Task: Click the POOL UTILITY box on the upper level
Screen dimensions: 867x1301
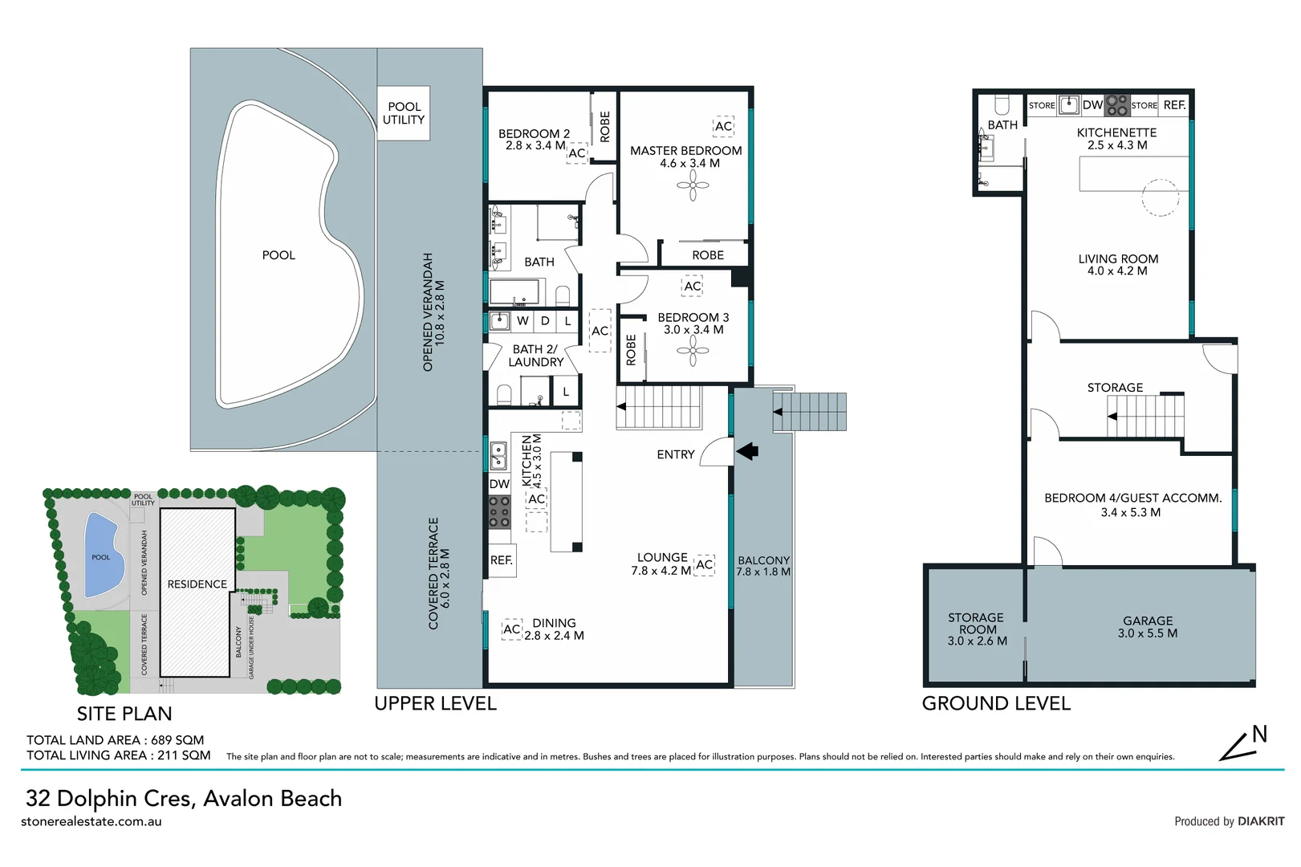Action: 404,113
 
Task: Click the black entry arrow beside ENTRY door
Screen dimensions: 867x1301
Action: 747,451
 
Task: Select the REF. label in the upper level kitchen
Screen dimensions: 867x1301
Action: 502,560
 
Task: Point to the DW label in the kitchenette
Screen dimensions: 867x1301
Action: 1092,104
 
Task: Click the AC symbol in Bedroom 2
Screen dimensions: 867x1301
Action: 577,153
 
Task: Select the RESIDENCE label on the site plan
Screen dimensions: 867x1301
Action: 197,584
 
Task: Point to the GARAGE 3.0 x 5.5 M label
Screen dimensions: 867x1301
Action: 1148,627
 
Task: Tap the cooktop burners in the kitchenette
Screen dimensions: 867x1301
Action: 1116,105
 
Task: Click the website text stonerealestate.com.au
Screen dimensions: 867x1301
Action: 91,821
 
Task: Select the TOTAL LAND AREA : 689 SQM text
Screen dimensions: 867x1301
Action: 115,740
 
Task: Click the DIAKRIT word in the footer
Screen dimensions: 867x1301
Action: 1261,821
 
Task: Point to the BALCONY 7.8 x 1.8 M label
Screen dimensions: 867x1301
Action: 763,566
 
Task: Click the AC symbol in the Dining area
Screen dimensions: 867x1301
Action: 512,629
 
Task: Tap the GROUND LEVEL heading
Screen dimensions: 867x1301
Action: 996,704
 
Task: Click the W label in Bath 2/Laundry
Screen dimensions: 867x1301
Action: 522,321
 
